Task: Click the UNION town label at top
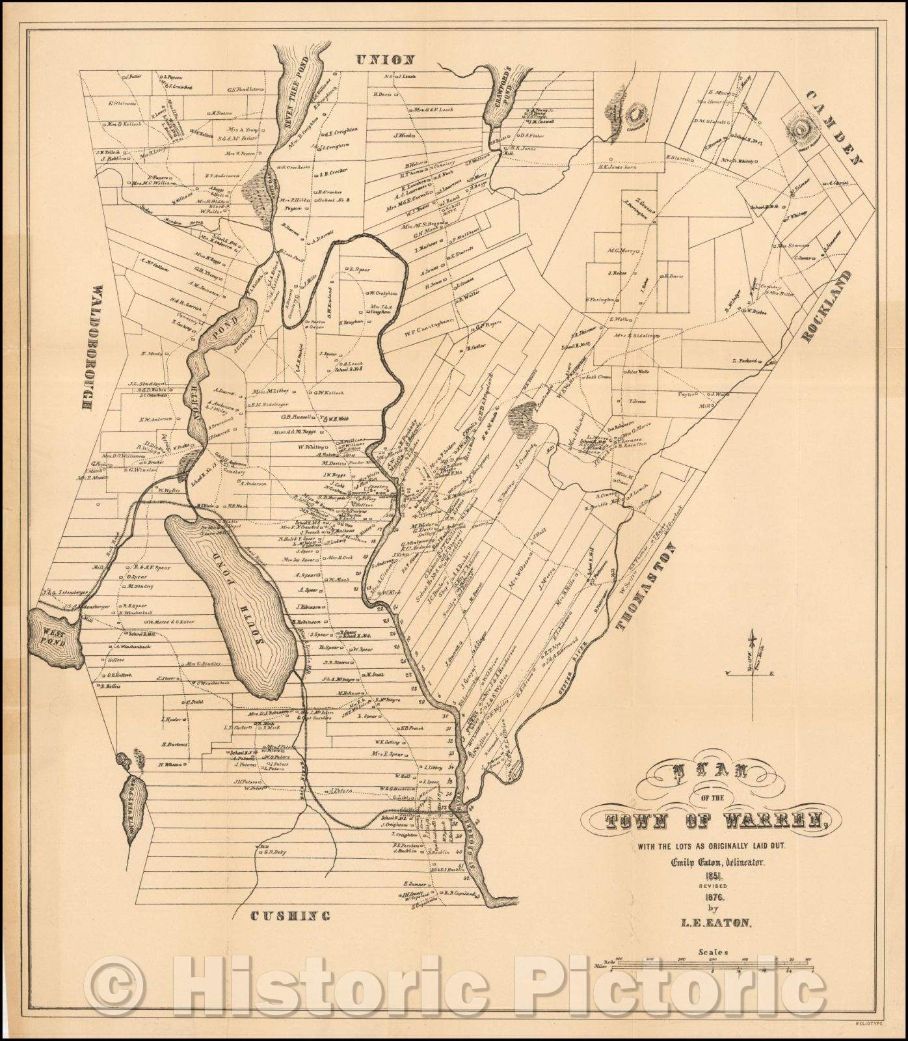386,60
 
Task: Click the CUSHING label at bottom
290,916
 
